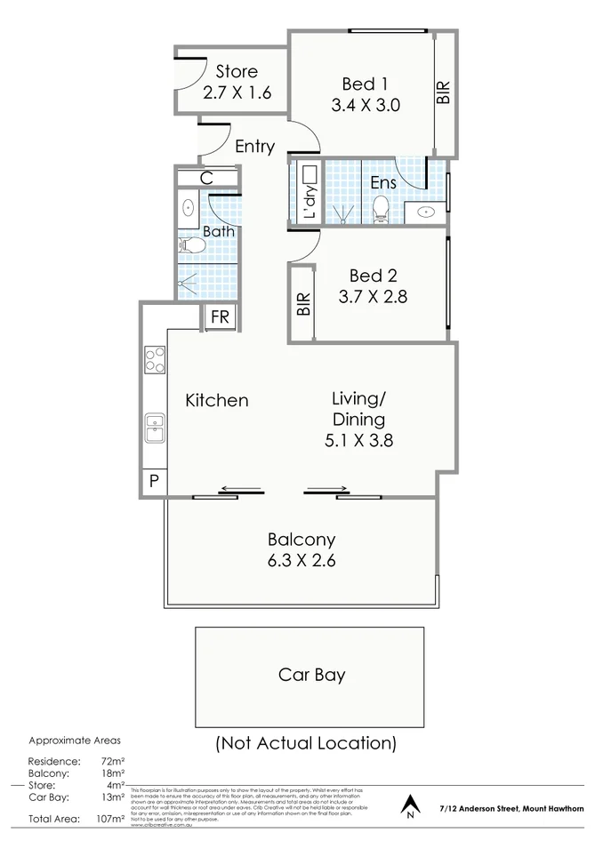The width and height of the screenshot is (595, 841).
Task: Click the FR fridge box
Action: (220, 317)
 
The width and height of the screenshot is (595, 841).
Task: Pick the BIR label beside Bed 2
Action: (303, 305)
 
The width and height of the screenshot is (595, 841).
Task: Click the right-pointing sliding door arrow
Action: (327, 488)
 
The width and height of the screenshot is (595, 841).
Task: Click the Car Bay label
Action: (311, 675)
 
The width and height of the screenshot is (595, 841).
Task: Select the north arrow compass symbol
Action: (409, 804)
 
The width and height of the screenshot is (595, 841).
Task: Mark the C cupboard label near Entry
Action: (206, 178)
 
